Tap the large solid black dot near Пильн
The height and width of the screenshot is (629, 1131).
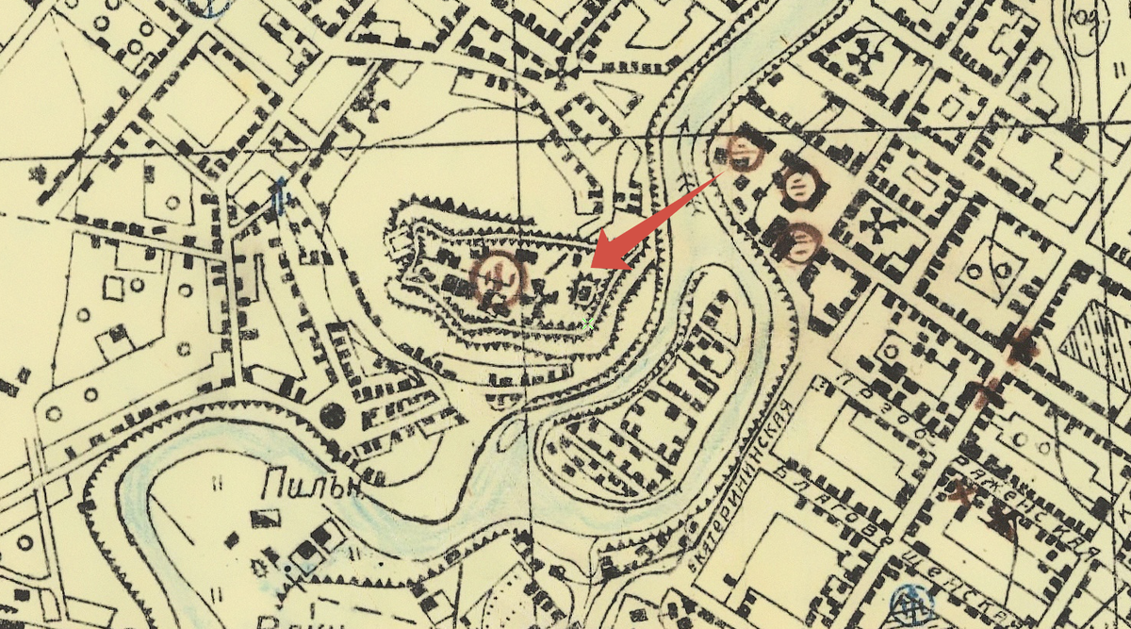[332, 414]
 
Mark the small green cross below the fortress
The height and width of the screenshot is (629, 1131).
[588, 323]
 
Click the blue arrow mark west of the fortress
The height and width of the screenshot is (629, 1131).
[280, 196]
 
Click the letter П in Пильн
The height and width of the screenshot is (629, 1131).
[274, 487]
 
